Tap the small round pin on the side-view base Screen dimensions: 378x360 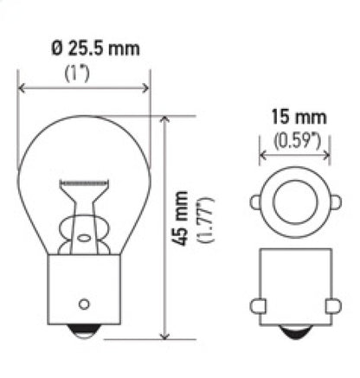pyautogui.click(x=85, y=303)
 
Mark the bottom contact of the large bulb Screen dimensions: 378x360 pyautogui.click(x=85, y=333)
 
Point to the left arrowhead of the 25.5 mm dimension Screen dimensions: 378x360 pyautogui.click(x=22, y=86)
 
